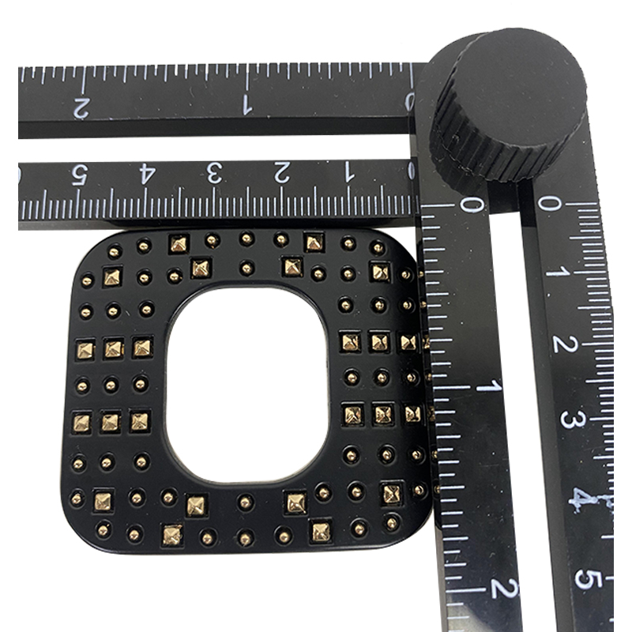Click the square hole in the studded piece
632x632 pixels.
click(x=247, y=386)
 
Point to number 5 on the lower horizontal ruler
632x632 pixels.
click(x=81, y=175)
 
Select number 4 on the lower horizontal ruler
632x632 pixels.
click(x=147, y=174)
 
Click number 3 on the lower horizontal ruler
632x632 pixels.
click(x=214, y=173)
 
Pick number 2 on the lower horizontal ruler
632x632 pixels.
click(x=281, y=173)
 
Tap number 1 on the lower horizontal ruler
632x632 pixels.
click(x=348, y=172)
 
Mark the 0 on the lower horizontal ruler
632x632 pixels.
click(x=411, y=171)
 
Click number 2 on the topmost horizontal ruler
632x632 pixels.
click(x=81, y=108)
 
